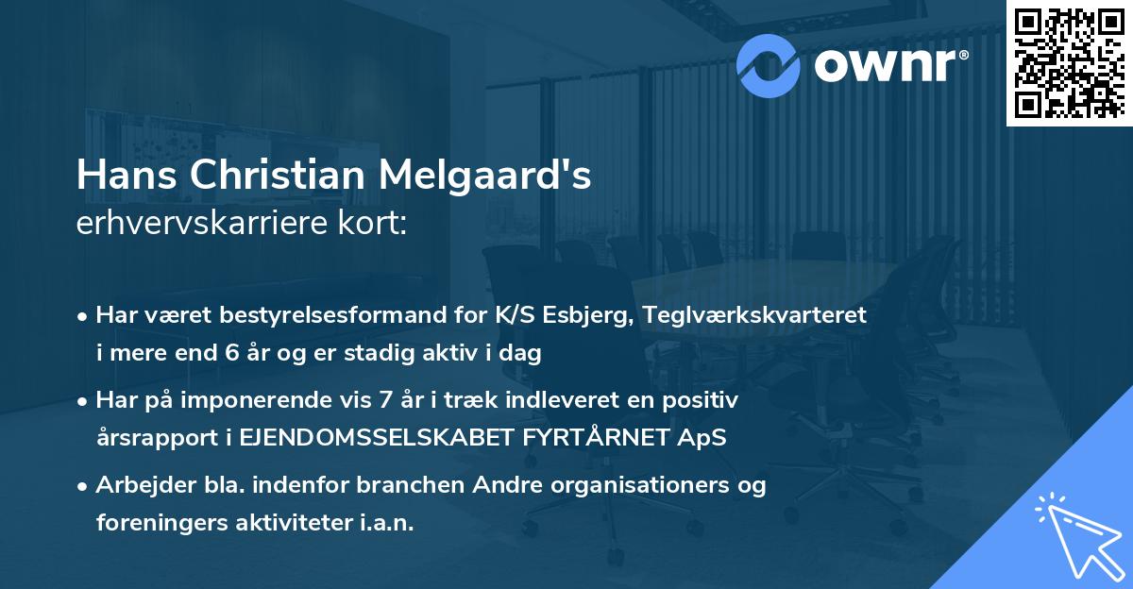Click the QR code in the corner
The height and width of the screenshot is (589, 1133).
click(1069, 62)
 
